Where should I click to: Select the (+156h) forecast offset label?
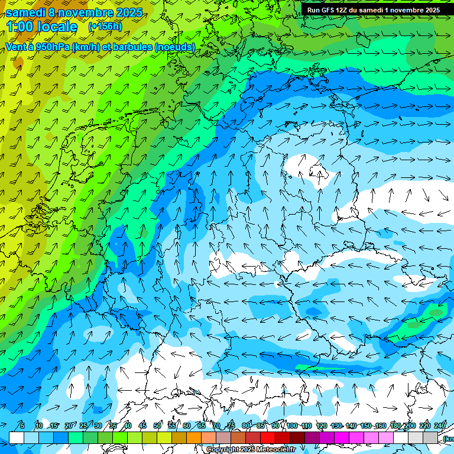click(x=105, y=26)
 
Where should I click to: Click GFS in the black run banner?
click(x=329, y=10)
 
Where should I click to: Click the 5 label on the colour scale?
click(x=22, y=426)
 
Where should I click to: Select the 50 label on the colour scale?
click(x=157, y=426)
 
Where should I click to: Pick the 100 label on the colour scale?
click(x=292, y=426)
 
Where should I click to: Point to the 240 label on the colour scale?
click(x=440, y=426)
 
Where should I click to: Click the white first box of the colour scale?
click(x=17, y=437)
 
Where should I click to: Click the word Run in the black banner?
click(x=313, y=10)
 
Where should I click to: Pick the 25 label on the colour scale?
click(x=83, y=426)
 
